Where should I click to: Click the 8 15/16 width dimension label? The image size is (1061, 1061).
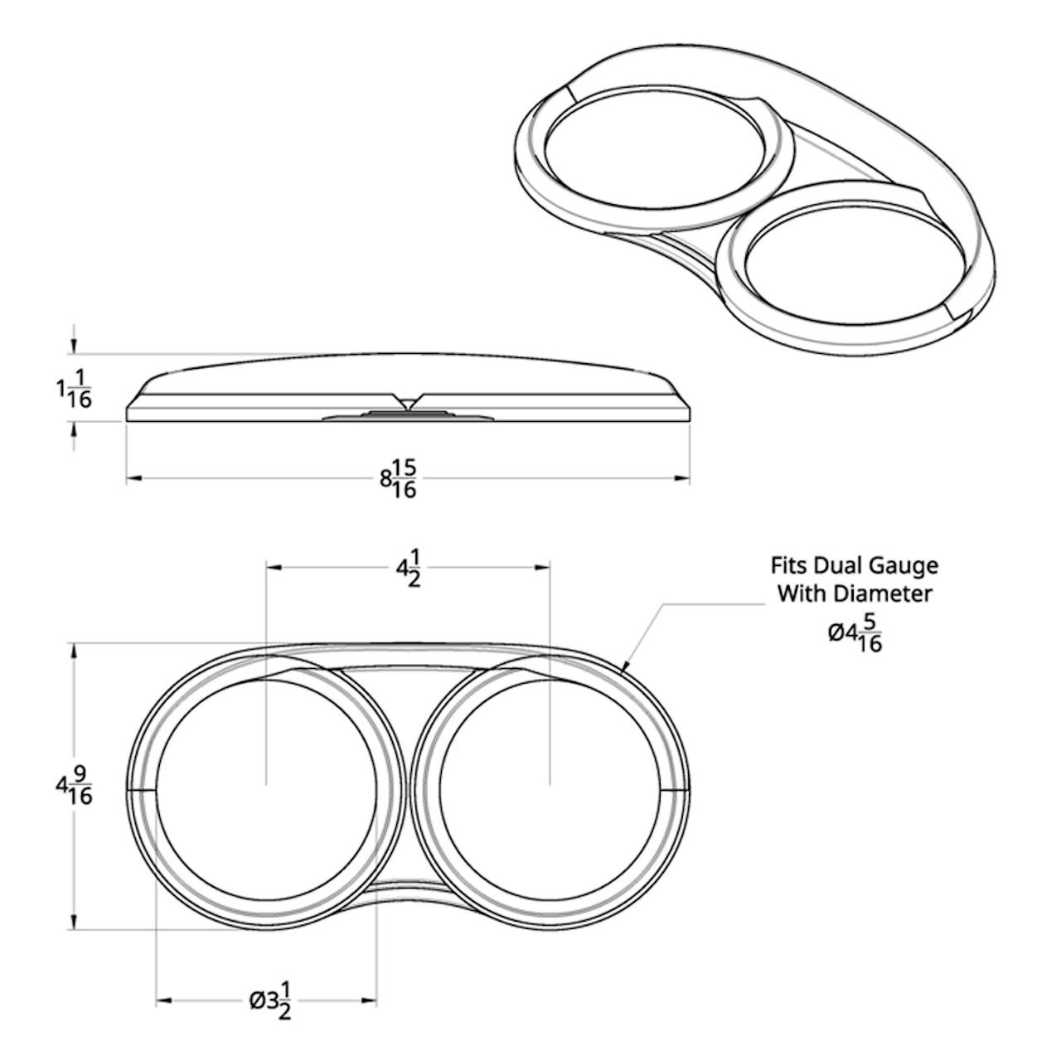click(x=398, y=479)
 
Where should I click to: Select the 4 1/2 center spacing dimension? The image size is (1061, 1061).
click(x=409, y=569)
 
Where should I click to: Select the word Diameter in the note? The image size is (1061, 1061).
click(x=884, y=594)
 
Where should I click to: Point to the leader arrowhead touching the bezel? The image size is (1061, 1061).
click(x=625, y=667)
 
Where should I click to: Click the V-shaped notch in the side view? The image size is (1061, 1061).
click(x=408, y=401)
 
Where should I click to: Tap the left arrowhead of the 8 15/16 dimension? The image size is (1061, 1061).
click(x=134, y=479)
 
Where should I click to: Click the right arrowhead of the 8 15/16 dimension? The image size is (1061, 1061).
click(x=681, y=479)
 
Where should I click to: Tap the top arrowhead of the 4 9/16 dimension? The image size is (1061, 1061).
click(x=75, y=652)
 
